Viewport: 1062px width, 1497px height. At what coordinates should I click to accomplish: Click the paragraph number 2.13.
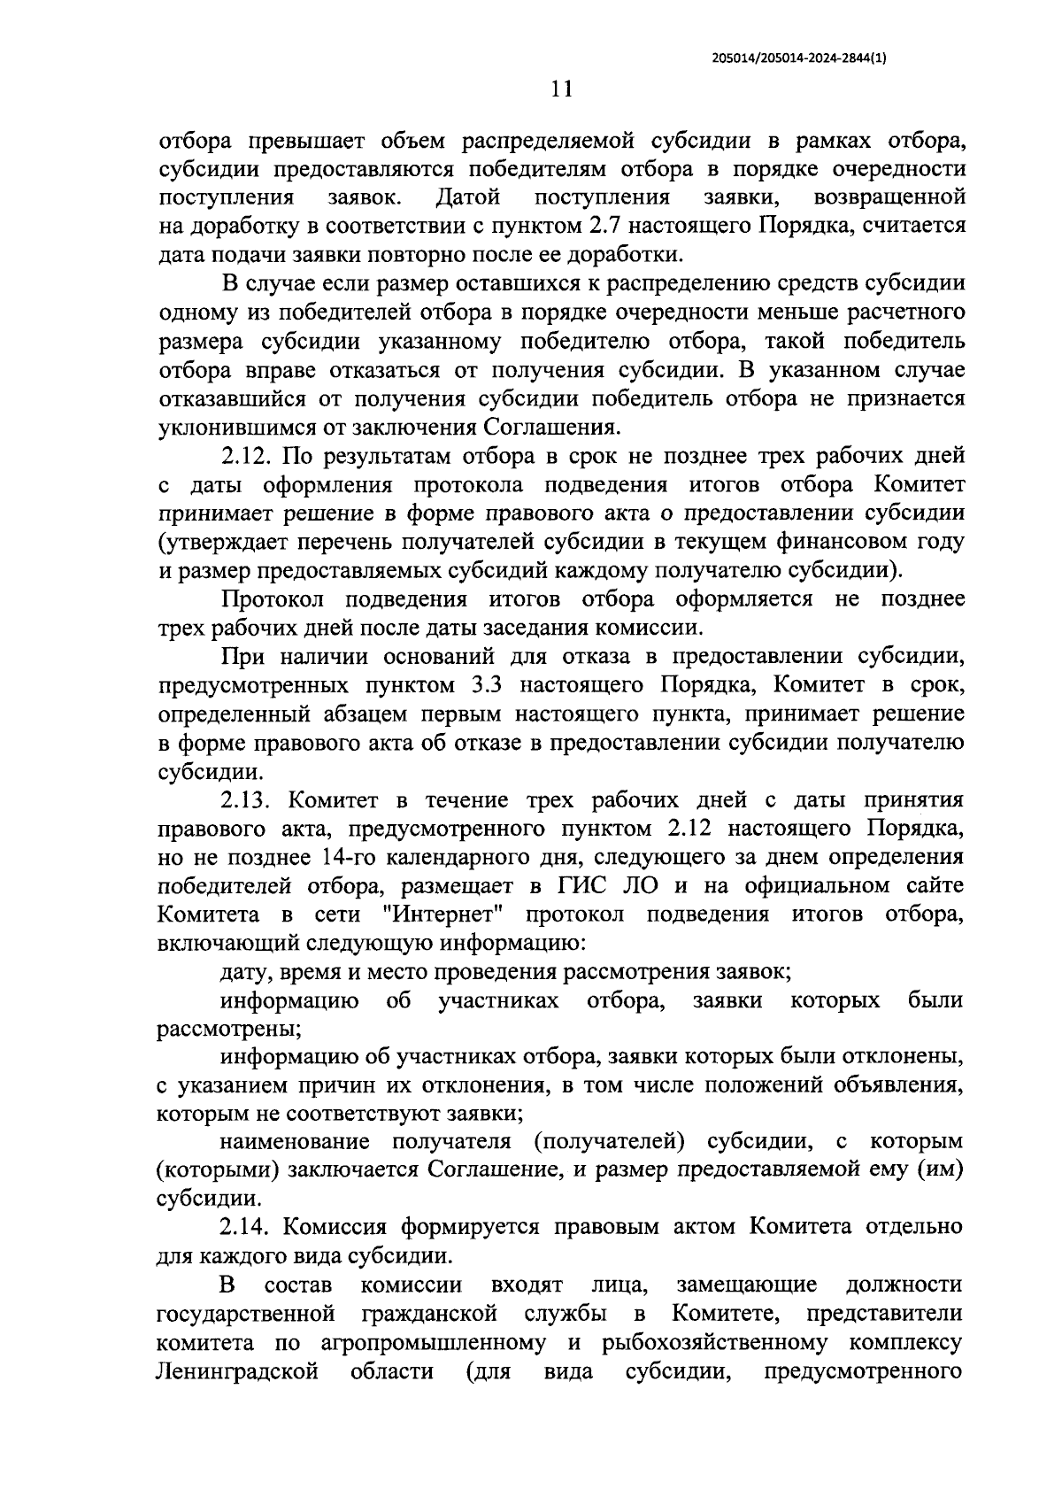250,799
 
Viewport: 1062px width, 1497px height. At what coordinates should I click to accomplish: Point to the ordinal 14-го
389,857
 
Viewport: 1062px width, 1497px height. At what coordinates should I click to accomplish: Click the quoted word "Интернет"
442,914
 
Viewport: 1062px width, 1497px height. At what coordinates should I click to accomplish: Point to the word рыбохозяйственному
714,1341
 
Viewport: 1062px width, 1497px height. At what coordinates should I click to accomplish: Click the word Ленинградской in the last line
236,1370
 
